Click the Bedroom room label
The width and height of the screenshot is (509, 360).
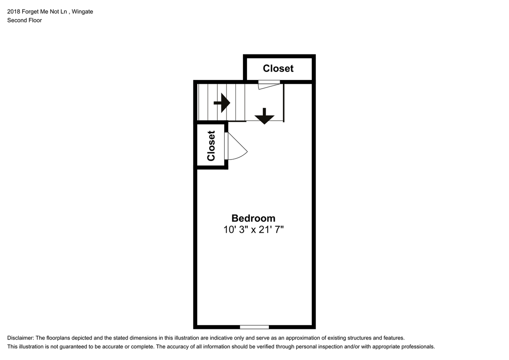pyautogui.click(x=253, y=218)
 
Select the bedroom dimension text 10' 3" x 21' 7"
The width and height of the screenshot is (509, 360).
pyautogui.click(x=254, y=230)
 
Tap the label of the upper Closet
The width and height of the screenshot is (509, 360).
pyautogui.click(x=278, y=68)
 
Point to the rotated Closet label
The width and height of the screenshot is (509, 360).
pyautogui.click(x=211, y=146)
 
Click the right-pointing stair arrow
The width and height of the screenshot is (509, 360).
pyautogui.click(x=222, y=103)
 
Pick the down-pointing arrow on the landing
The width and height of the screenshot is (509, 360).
pyautogui.click(x=264, y=116)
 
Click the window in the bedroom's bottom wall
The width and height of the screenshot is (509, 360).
pyautogui.click(x=254, y=327)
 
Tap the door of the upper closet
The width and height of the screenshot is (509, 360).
pyautogui.click(x=269, y=85)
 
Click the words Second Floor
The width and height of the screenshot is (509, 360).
pyautogui.click(x=25, y=20)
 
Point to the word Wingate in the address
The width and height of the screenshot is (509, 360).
pyautogui.click(x=82, y=12)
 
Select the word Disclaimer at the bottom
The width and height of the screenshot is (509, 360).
pyautogui.click(x=21, y=338)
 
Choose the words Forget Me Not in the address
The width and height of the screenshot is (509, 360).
pyautogui.click(x=44, y=12)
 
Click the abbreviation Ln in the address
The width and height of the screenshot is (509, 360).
pyautogui.click(x=64, y=12)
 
